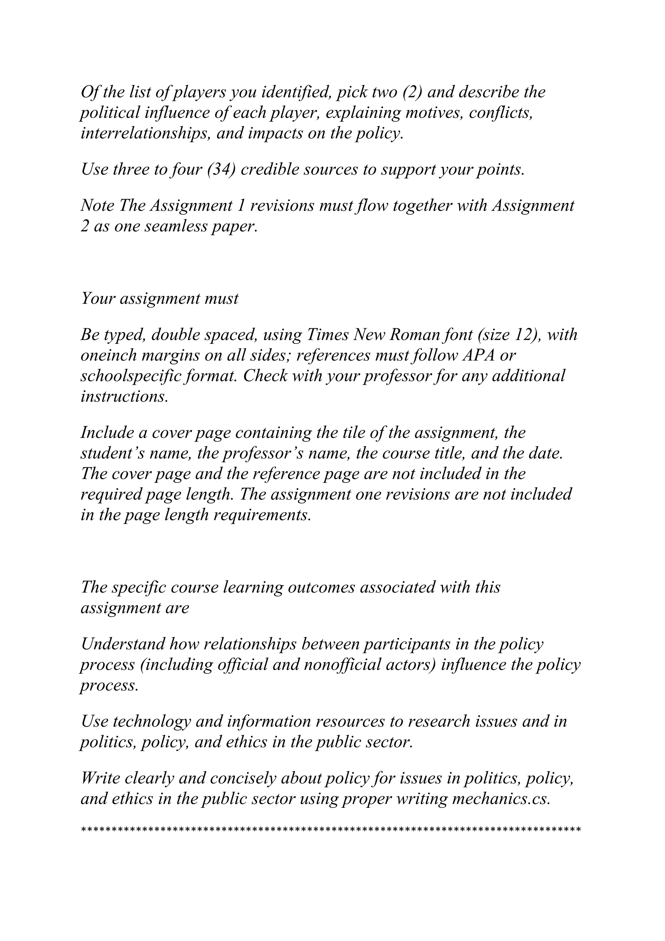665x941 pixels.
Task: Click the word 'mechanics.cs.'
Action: (501, 800)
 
